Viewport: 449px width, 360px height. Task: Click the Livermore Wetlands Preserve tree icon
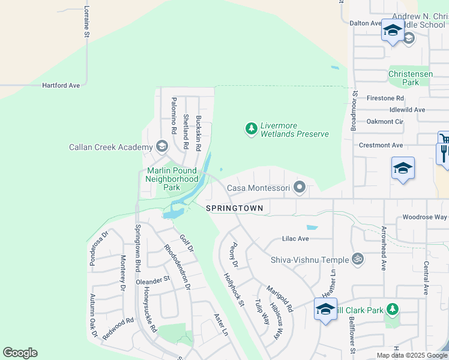[x=252, y=128]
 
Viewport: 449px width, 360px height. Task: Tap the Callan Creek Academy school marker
[x=161, y=146]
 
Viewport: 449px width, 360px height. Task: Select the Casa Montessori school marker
[x=299, y=188]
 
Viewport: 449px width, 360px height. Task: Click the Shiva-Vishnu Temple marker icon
[x=358, y=259]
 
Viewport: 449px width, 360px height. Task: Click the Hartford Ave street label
[x=61, y=86]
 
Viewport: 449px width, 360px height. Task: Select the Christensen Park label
[x=411, y=77]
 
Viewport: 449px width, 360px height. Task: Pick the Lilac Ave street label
[x=295, y=239]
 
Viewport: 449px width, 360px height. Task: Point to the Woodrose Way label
[x=424, y=217]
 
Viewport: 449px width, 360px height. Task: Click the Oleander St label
[x=153, y=280]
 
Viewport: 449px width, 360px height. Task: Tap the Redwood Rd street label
[x=118, y=330]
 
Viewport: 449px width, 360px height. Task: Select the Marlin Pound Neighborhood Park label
[x=172, y=179]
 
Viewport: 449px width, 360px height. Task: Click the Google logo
[x=20, y=353]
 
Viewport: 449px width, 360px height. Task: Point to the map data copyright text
[x=411, y=355]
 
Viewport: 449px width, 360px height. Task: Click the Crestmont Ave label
[x=381, y=145]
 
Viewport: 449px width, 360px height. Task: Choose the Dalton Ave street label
[x=366, y=23]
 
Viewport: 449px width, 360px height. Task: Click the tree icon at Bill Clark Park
[x=392, y=309]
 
